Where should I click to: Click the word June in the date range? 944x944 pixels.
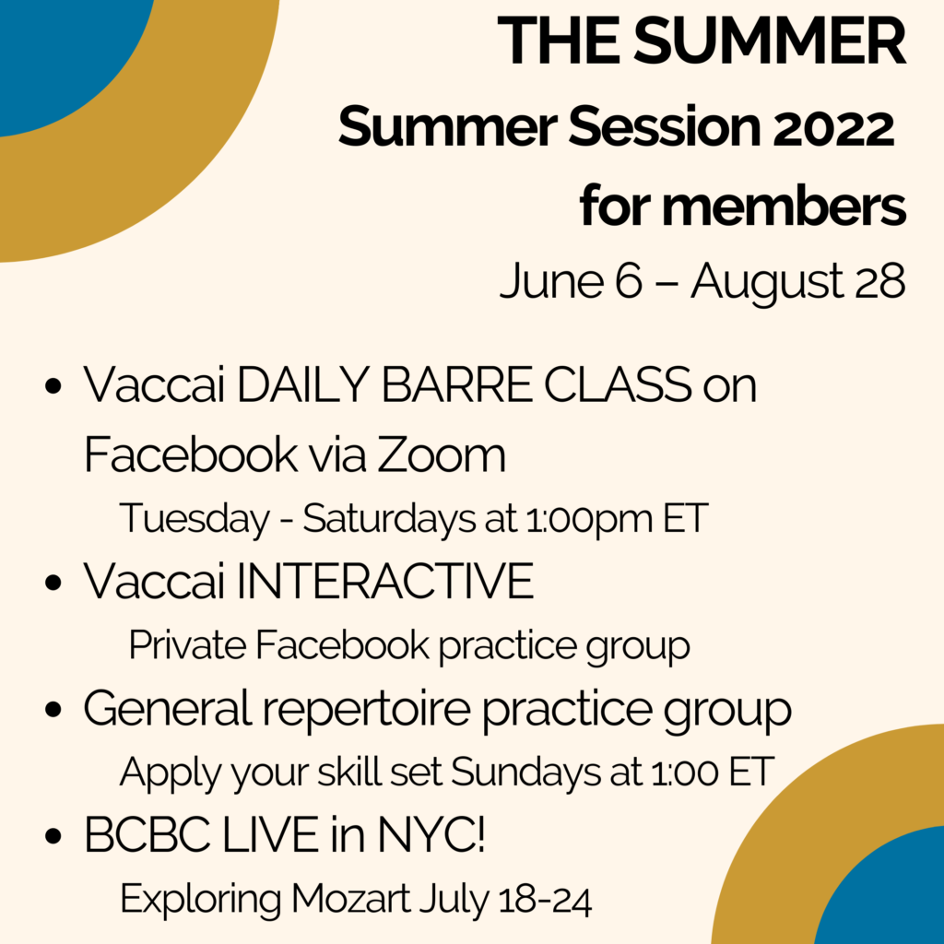[551, 280]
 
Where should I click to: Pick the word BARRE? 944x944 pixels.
[457, 384]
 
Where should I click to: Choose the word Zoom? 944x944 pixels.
[442, 454]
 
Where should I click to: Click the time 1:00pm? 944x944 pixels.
[589, 519]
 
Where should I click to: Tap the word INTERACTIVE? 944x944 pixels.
[384, 581]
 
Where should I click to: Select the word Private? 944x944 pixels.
[187, 644]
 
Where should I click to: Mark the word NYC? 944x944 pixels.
[431, 834]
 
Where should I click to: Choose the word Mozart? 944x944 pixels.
[350, 899]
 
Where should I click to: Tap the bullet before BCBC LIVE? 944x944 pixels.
[53, 836]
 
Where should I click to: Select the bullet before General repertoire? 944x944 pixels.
[53, 709]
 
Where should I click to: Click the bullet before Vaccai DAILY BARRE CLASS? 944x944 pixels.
[53, 386]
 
